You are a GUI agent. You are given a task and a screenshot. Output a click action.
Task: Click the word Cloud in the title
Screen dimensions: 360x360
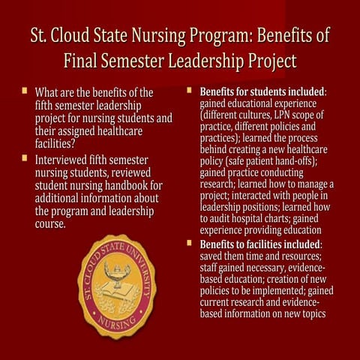78,36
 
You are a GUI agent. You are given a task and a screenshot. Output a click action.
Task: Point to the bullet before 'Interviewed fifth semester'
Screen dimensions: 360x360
25,160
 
